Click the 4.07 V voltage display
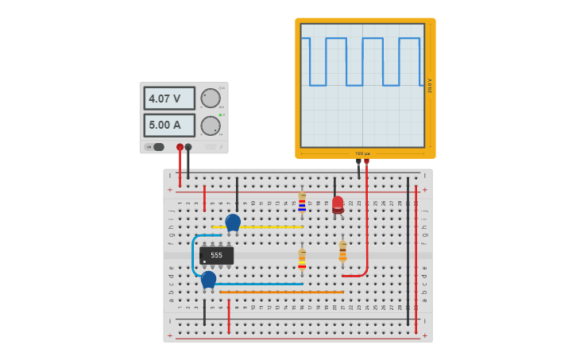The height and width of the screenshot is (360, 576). (168, 99)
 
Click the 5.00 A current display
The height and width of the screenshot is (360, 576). (168, 125)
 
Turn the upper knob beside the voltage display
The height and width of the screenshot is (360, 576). (211, 98)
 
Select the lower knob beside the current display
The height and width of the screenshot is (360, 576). (211, 126)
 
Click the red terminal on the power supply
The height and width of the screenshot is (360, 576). (180, 147)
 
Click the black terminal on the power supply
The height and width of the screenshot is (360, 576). (188, 147)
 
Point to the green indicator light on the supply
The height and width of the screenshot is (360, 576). (220, 114)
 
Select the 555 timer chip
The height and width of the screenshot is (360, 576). (216, 255)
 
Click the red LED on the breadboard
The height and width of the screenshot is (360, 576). (338, 204)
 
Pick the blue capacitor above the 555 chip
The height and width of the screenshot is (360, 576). (233, 222)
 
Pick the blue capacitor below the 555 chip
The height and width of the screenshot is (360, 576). (208, 279)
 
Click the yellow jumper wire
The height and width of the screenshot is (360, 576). (262, 227)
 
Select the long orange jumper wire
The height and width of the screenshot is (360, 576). (282, 292)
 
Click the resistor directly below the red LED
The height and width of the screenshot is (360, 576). (342, 253)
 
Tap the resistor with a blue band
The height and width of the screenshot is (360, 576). (302, 203)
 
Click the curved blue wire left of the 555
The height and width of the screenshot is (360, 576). (193, 254)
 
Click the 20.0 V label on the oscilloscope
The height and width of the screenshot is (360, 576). (430, 85)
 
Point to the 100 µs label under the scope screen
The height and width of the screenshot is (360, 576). (362, 153)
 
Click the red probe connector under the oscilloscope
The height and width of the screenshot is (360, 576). (366, 161)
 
